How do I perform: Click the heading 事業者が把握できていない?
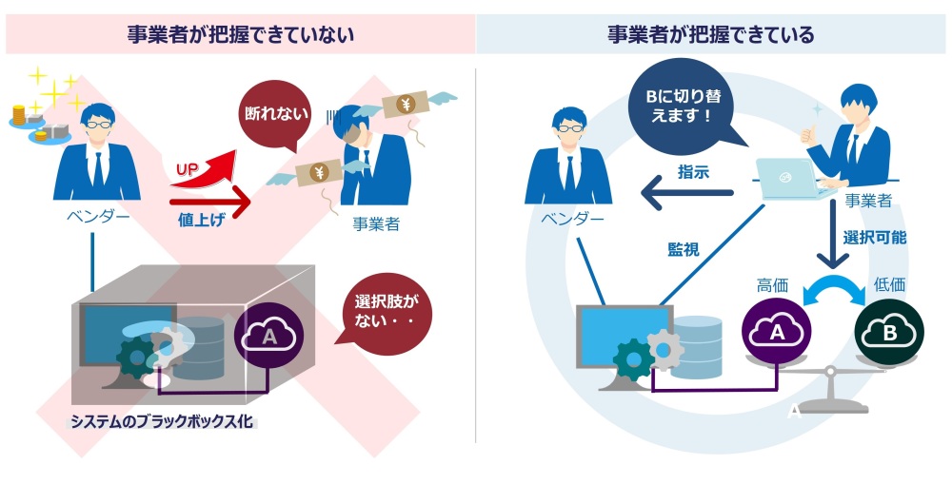(241, 34)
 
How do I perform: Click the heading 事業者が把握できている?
(711, 34)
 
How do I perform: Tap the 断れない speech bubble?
(276, 115)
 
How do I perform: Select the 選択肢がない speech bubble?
(386, 311)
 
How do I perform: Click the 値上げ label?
(201, 219)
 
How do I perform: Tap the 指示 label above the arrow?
(693, 172)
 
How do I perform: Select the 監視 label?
(684, 249)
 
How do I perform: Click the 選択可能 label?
(874, 237)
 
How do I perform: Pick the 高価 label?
(772, 284)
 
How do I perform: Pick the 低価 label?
(889, 284)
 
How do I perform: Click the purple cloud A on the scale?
(777, 331)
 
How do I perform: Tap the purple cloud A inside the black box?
(269, 337)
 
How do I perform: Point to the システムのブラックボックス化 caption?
(162, 421)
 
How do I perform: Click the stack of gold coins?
(19, 115)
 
